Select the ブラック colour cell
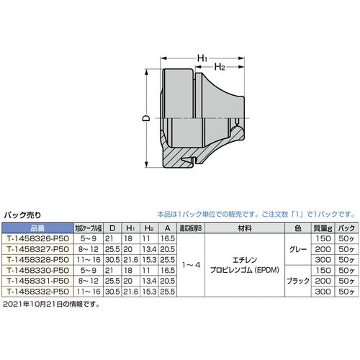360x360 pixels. (x=297, y=280)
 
